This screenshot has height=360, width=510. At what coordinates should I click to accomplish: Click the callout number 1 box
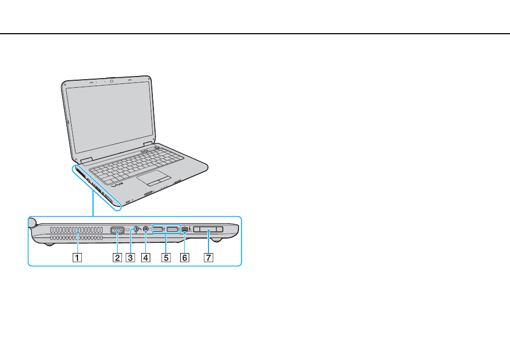(x=78, y=258)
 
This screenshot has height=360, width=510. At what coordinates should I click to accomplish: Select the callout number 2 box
(x=117, y=258)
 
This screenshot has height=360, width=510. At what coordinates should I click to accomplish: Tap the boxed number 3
(x=130, y=258)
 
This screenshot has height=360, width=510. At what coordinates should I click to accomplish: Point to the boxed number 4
(x=146, y=258)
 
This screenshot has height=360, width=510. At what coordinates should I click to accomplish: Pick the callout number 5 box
(x=166, y=258)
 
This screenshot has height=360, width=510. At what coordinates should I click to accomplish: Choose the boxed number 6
(x=184, y=258)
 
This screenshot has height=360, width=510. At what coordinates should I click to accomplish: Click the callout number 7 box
(x=208, y=258)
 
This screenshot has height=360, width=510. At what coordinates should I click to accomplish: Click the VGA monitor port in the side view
(x=117, y=230)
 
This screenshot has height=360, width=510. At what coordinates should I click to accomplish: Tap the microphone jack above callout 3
(x=136, y=229)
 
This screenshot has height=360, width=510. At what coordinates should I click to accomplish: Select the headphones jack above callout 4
(x=146, y=229)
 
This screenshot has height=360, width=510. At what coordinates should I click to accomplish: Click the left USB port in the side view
(x=158, y=229)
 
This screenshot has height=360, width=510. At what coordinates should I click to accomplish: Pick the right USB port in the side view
(x=172, y=229)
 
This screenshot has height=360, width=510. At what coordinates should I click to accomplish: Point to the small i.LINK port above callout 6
(x=184, y=229)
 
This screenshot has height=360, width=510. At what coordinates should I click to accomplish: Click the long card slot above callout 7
(x=208, y=229)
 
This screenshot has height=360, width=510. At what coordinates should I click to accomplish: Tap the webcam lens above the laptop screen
(x=111, y=81)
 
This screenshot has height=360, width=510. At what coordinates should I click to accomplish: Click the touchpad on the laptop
(x=153, y=178)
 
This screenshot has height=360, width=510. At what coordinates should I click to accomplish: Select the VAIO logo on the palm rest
(x=117, y=185)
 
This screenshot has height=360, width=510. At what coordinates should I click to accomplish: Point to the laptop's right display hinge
(x=148, y=143)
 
